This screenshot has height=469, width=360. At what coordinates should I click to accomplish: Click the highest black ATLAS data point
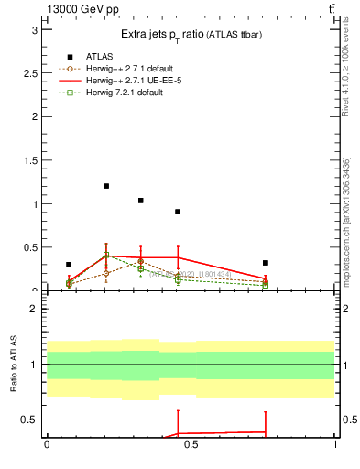coord(106,186)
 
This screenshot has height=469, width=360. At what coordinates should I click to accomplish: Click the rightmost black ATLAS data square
coord(265,263)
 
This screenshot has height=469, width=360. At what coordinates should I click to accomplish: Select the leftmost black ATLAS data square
coord(69,265)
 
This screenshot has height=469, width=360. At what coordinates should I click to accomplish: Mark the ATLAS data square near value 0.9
coord(178,212)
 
